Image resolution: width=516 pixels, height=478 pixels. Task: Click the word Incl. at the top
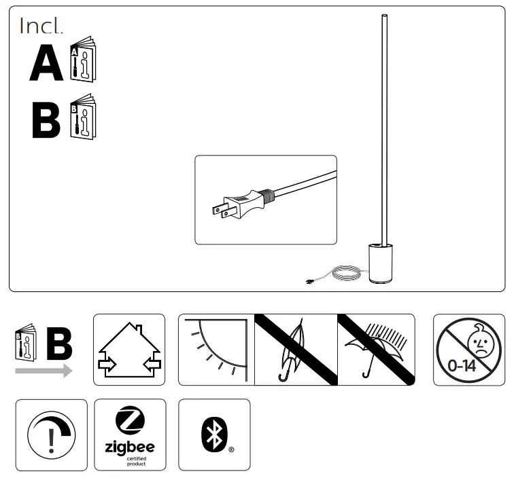pos(41,26)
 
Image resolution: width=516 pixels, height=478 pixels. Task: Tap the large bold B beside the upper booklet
pos(46,120)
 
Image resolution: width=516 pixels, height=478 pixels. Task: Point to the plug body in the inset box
pos(247,200)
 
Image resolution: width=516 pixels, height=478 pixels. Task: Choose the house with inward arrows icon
pos(129,350)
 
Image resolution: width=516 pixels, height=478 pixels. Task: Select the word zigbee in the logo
pos(129,447)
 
